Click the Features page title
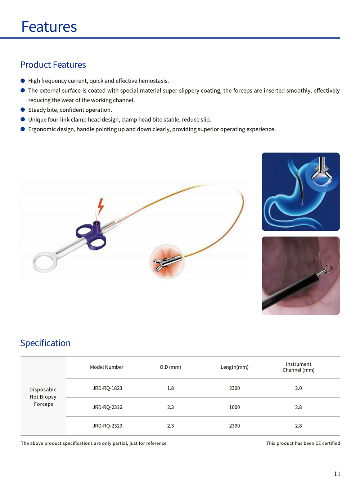click(49, 27)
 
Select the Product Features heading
click(53, 65)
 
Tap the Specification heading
click(45, 343)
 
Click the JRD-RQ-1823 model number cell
click(107, 388)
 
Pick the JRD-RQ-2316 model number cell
click(107, 407)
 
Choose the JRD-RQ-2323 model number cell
click(107, 426)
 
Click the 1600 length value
click(234, 407)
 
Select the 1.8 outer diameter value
click(170, 388)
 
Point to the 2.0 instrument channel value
click(298, 388)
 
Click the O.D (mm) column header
click(170, 367)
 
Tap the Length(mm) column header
click(234, 367)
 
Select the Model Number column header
click(107, 367)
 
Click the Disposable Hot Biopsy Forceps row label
click(43, 397)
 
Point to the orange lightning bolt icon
click(101, 206)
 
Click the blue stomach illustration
click(301, 192)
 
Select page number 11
click(337, 474)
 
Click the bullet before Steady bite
click(23, 110)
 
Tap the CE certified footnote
click(303, 443)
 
